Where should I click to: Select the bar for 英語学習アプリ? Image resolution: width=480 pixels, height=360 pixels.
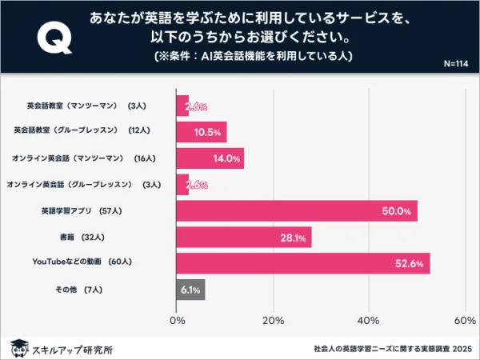(x=296, y=211)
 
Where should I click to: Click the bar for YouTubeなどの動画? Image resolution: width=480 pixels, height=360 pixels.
(x=302, y=263)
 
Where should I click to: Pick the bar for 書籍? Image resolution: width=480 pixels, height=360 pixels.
(x=243, y=237)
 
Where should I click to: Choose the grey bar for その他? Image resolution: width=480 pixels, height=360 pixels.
(x=190, y=290)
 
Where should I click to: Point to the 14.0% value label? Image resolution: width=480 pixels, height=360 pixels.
(x=227, y=158)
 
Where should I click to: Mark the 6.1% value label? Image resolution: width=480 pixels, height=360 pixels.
(x=190, y=290)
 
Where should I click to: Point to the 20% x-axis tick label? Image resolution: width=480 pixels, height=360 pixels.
(x=273, y=321)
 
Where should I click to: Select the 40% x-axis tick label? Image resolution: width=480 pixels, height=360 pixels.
(x=369, y=321)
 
